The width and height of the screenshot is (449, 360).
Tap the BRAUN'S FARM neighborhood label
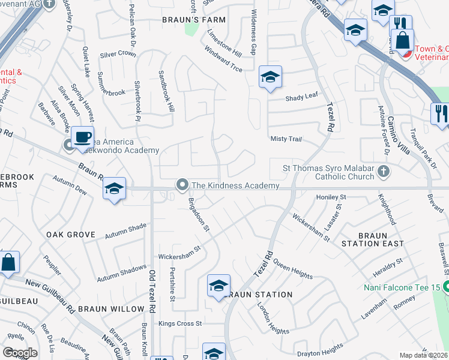point(194,20)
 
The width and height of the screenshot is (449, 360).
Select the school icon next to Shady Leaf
point(270,77)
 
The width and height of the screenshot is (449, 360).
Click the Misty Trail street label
point(286,139)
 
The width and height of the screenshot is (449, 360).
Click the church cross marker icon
point(385,172)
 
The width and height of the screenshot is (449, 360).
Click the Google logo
point(20,353)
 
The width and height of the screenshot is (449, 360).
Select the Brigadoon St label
point(199,214)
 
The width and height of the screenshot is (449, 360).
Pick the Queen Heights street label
point(293,268)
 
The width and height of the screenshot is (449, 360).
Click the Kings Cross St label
point(182,323)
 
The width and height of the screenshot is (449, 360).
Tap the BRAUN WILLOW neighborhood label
point(110,309)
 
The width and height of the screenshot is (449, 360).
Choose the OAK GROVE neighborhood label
point(70,234)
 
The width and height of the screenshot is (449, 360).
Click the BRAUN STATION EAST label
point(373,239)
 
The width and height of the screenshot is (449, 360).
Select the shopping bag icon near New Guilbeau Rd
point(9,262)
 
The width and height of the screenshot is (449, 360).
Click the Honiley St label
point(331,197)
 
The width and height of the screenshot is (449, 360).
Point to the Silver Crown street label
point(118,53)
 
